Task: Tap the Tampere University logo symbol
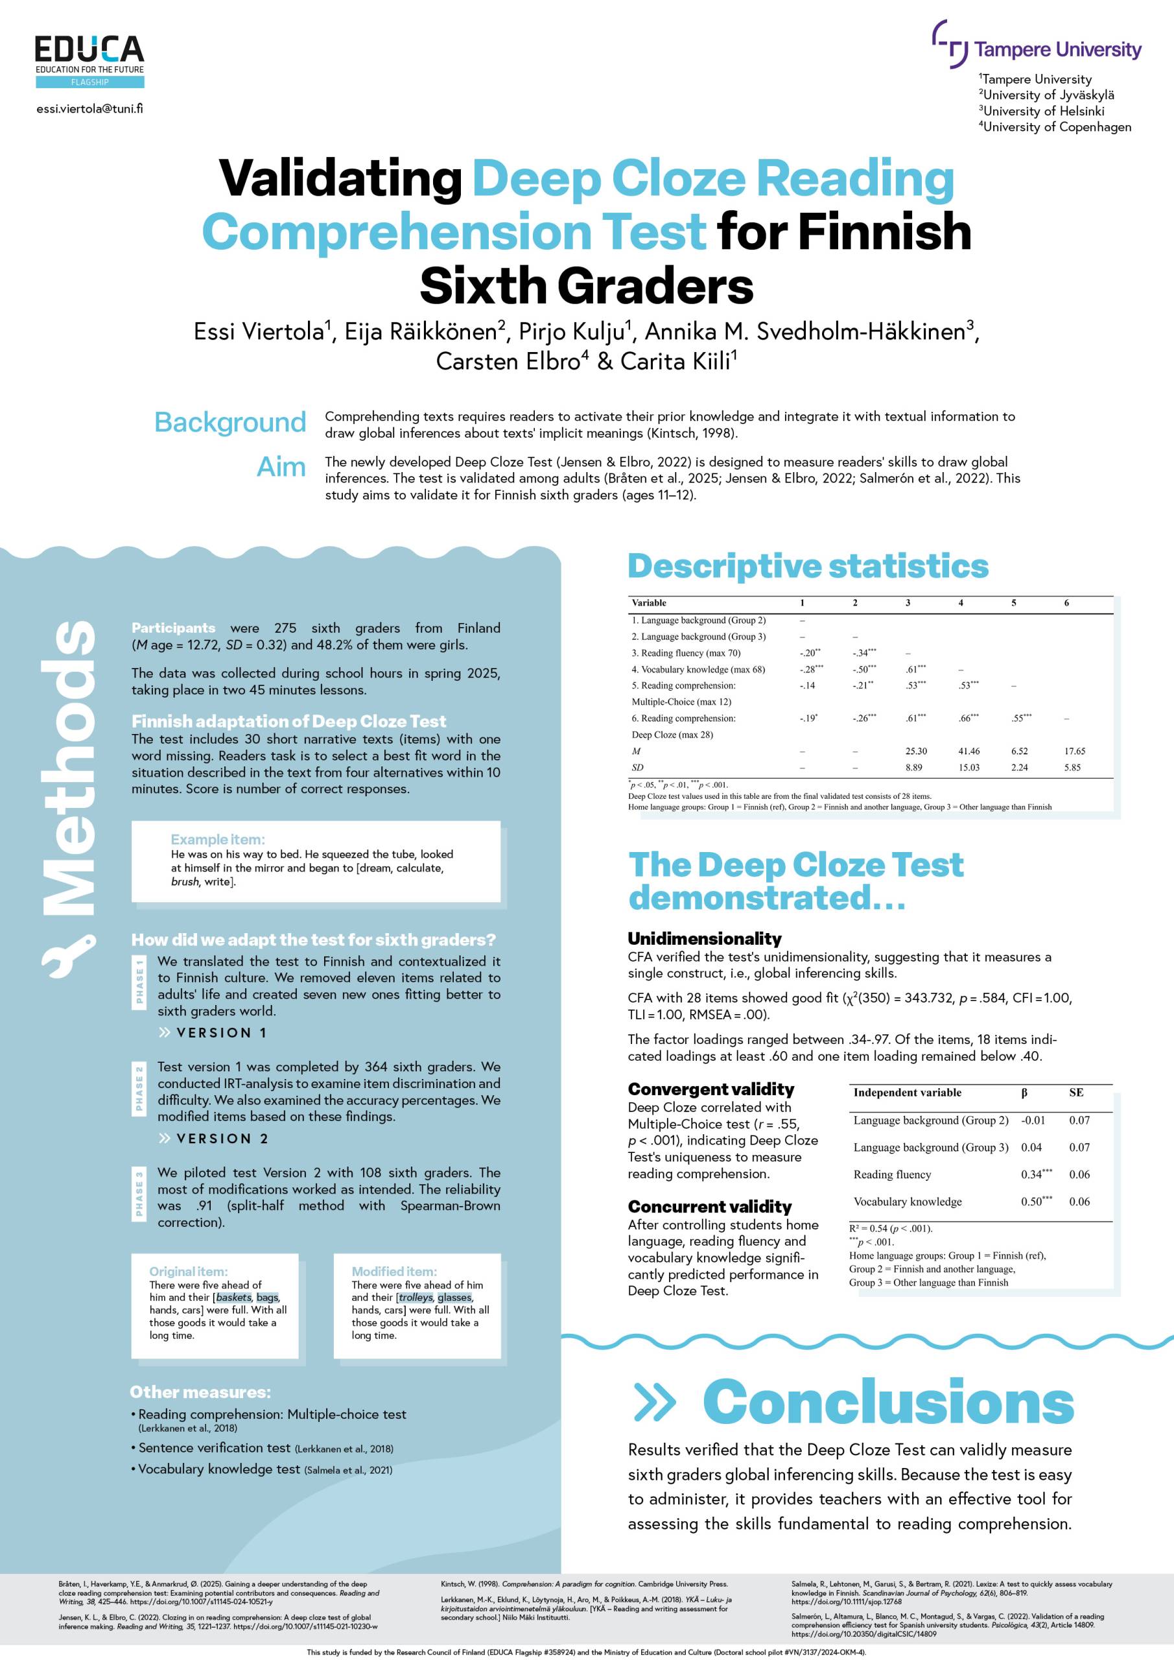pyautogui.click(x=950, y=43)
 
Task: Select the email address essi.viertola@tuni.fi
pyautogui.click(x=89, y=109)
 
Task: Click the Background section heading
pyautogui.click(x=230, y=422)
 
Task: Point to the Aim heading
pyautogui.click(x=281, y=467)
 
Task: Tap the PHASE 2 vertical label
pyautogui.click(x=139, y=1088)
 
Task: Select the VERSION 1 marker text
pyautogui.click(x=221, y=1032)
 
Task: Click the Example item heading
pyautogui.click(x=218, y=839)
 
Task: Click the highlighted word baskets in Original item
pyautogui.click(x=233, y=1298)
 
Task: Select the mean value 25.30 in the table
pyautogui.click(x=916, y=751)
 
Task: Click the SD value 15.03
pyautogui.click(x=969, y=767)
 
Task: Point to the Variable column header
pyautogui.click(x=648, y=603)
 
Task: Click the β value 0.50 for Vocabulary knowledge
pyautogui.click(x=1031, y=1202)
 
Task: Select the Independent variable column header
pyautogui.click(x=908, y=1093)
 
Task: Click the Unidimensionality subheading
pyautogui.click(x=704, y=938)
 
